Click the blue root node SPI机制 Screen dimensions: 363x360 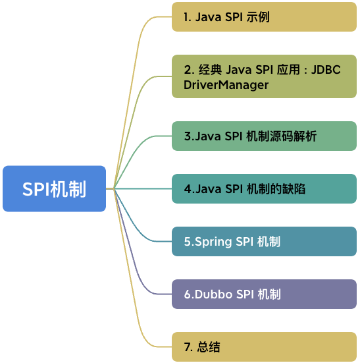54,188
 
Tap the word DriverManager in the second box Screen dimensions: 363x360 226,85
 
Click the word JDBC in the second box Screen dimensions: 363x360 326,70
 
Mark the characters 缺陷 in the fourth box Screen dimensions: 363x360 294,189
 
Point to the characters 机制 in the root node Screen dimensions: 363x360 70,188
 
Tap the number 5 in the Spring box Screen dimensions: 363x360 188,242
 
